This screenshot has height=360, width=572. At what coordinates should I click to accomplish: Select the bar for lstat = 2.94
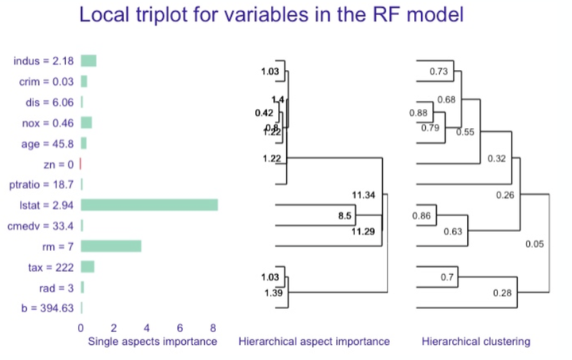149,205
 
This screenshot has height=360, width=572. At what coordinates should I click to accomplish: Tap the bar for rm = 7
111,246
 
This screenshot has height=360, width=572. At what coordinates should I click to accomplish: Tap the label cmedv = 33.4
42,226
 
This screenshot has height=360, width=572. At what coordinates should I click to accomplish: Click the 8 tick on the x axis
213,327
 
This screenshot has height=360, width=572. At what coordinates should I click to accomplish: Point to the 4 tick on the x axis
147,327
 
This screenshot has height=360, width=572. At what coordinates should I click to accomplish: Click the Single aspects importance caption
152,342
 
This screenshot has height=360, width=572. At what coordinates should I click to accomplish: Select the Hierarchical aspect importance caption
314,342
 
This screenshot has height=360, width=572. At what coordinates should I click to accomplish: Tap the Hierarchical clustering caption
475,342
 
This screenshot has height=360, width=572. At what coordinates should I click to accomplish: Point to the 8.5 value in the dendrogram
345,215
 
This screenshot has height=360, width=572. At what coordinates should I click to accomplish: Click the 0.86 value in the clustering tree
423,215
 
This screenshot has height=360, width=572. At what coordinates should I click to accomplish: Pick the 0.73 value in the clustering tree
439,72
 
